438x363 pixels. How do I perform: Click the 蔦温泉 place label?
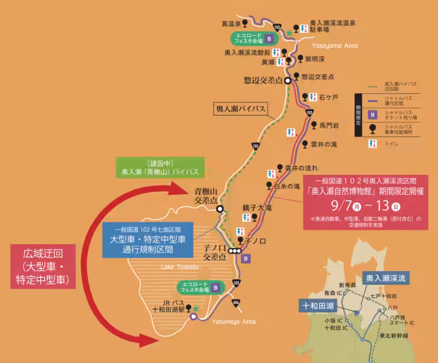pos(231,24)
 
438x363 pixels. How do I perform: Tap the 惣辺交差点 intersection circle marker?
pos(289,80)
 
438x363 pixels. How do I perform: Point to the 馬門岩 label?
pos(329,124)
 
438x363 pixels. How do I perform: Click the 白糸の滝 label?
pos(287,186)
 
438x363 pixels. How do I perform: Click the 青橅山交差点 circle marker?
pos(220,209)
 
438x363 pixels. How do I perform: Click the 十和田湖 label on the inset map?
pos(317,306)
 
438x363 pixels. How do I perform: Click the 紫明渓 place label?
pos(315,59)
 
